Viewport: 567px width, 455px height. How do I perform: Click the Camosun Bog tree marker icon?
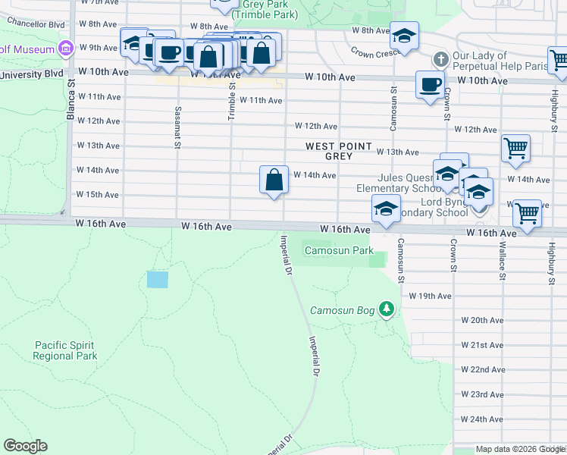pos(387,308)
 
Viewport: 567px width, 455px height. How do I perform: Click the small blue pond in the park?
pos(157,279)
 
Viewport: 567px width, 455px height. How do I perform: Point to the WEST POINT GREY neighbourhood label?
pos(339,151)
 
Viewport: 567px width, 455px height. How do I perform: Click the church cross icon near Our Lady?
pos(440,59)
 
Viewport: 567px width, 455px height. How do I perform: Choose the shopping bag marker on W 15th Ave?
pos(274,180)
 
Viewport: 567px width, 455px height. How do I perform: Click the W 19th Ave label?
pos(430,296)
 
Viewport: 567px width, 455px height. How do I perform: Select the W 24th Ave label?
pos(482,419)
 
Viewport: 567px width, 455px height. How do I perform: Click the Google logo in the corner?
pos(25,446)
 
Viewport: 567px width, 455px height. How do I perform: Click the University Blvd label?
pos(31,74)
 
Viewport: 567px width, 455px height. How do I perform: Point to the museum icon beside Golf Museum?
pos(66,49)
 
